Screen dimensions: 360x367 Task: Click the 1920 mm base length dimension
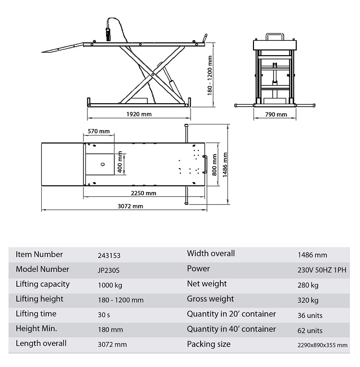[x=139, y=114]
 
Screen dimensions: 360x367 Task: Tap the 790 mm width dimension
[x=276, y=114]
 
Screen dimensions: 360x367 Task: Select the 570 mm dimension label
[x=99, y=131]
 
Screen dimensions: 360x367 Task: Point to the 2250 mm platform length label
[x=144, y=193]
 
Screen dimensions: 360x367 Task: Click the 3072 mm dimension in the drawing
[x=130, y=206]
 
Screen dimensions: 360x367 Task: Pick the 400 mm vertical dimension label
[x=120, y=162]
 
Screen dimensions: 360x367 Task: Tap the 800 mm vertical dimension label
[x=214, y=165]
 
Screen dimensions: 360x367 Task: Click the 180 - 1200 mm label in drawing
[x=210, y=75]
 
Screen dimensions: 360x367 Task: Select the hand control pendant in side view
[x=108, y=35]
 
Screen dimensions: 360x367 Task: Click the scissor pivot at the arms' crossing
[x=153, y=74]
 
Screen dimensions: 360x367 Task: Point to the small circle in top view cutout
[x=103, y=164]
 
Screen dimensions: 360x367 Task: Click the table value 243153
[x=109, y=256]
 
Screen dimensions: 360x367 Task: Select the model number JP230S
[x=108, y=270]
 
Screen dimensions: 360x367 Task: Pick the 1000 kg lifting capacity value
[x=110, y=285]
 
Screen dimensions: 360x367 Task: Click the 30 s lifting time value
[x=104, y=315]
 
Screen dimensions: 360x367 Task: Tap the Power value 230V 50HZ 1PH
[x=322, y=270]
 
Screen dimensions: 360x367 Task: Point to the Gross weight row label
[x=210, y=299]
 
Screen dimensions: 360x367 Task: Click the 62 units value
[x=310, y=330]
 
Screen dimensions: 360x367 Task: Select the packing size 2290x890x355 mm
[x=323, y=345]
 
